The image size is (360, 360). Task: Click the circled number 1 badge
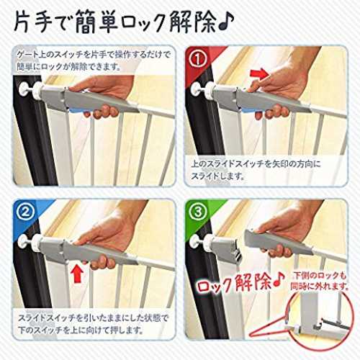(x=197, y=58)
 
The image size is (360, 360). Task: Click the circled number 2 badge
(x=25, y=212)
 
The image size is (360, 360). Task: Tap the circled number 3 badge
(x=197, y=212)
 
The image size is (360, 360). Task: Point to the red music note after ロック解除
(x=279, y=279)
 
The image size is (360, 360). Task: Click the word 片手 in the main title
(x=33, y=22)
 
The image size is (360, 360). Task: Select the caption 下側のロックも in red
(x=320, y=276)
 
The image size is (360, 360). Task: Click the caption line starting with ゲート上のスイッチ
(x=94, y=55)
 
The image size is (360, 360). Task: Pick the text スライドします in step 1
(x=217, y=176)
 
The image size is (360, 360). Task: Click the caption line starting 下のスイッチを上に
(x=81, y=330)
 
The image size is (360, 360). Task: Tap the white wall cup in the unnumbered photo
(x=24, y=90)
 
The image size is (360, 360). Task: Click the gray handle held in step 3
(x=276, y=242)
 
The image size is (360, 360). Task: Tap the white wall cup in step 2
(x=23, y=243)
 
